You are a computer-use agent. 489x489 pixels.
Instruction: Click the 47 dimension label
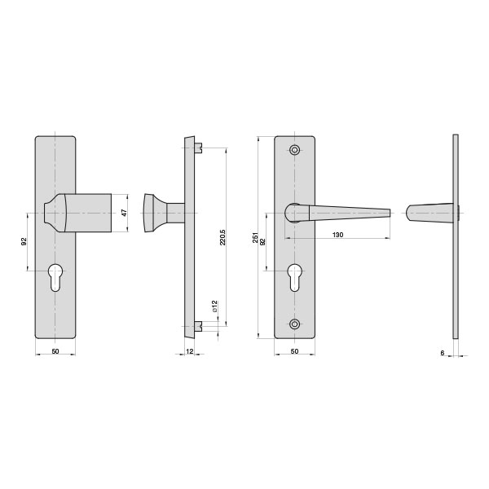pyautogui.click(x=124, y=213)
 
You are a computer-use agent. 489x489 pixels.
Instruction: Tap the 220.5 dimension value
pyautogui.click(x=222, y=237)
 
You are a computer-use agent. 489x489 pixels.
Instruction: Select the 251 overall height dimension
pyautogui.click(x=256, y=237)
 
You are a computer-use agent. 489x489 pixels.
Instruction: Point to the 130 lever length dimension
pyautogui.click(x=337, y=235)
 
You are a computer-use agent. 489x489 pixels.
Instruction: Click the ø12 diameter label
pyautogui.click(x=214, y=306)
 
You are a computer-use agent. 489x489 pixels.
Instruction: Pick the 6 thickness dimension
pyautogui.click(x=443, y=353)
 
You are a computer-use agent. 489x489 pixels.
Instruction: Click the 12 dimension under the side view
pyautogui.click(x=189, y=351)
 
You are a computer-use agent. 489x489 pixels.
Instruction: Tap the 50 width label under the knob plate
pyautogui.click(x=55, y=351)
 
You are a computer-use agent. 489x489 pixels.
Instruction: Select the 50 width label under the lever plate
pyautogui.click(x=294, y=351)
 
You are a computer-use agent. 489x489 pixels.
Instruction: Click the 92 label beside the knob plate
pyautogui.click(x=24, y=241)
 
